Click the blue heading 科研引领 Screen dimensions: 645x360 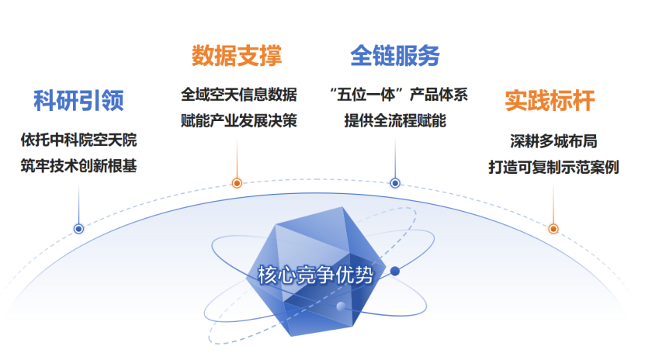(x=78, y=101)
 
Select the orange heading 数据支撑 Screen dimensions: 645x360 (x=237, y=56)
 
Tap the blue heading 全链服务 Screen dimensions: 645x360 (x=395, y=56)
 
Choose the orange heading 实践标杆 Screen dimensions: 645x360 (x=550, y=101)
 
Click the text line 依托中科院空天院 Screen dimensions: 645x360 (x=78, y=140)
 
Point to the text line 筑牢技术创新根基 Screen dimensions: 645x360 (x=78, y=166)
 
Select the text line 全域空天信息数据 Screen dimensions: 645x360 (x=239, y=95)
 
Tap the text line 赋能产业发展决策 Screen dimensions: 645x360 (x=239, y=120)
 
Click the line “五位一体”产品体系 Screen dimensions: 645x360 (x=398, y=95)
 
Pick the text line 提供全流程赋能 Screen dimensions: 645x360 (x=395, y=120)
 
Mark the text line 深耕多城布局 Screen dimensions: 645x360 (x=553, y=141)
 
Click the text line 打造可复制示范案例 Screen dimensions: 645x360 (x=553, y=168)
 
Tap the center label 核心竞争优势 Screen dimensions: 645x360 (x=316, y=275)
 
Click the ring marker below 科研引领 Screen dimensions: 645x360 (x=78, y=229)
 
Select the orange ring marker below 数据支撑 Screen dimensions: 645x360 (x=237, y=183)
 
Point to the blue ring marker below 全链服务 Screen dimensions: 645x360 (x=395, y=183)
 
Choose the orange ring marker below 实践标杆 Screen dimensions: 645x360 (x=553, y=229)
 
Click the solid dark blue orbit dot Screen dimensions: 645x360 (x=395, y=271)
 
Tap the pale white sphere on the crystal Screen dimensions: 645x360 (x=341, y=306)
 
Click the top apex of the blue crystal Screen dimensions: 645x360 (x=342, y=207)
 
